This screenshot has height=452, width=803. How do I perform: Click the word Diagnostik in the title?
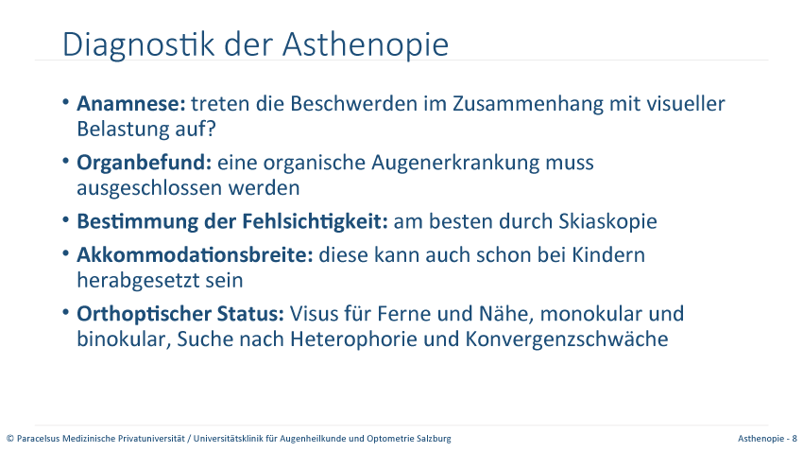click(138, 45)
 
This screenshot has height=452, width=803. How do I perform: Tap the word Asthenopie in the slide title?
click(366, 43)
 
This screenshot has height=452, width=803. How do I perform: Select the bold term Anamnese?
click(131, 103)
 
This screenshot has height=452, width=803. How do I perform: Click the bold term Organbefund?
click(144, 163)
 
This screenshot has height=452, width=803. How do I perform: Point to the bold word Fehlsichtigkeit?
click(315, 222)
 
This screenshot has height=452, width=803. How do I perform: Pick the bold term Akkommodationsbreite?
click(195, 254)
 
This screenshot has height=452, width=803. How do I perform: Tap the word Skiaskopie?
click(607, 222)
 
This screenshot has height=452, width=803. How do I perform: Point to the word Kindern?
click(607, 254)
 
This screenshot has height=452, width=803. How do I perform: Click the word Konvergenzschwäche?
click(567, 339)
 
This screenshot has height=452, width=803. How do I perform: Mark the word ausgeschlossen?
click(149, 188)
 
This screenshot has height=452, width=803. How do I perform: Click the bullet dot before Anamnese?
click(65, 102)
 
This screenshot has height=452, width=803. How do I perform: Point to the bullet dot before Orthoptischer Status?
click(65, 312)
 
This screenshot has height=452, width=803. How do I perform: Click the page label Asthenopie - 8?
click(767, 439)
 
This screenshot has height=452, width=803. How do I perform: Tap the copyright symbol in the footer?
click(10, 439)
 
